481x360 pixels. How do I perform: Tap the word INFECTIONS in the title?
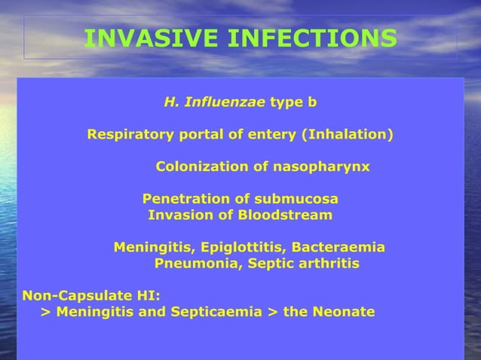(312, 38)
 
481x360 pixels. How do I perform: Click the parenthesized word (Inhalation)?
(348, 136)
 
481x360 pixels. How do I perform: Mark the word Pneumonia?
(191, 264)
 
